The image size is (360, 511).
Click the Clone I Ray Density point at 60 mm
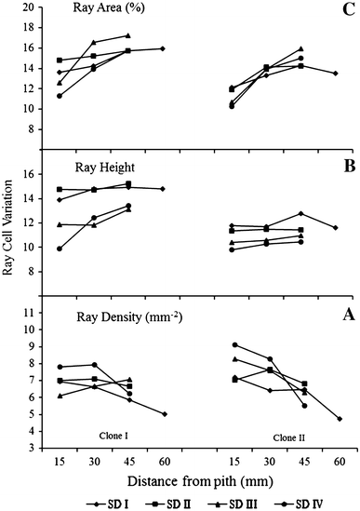pyautogui.click(x=164, y=414)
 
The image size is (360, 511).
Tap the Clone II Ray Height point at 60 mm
pyautogui.click(x=336, y=227)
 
